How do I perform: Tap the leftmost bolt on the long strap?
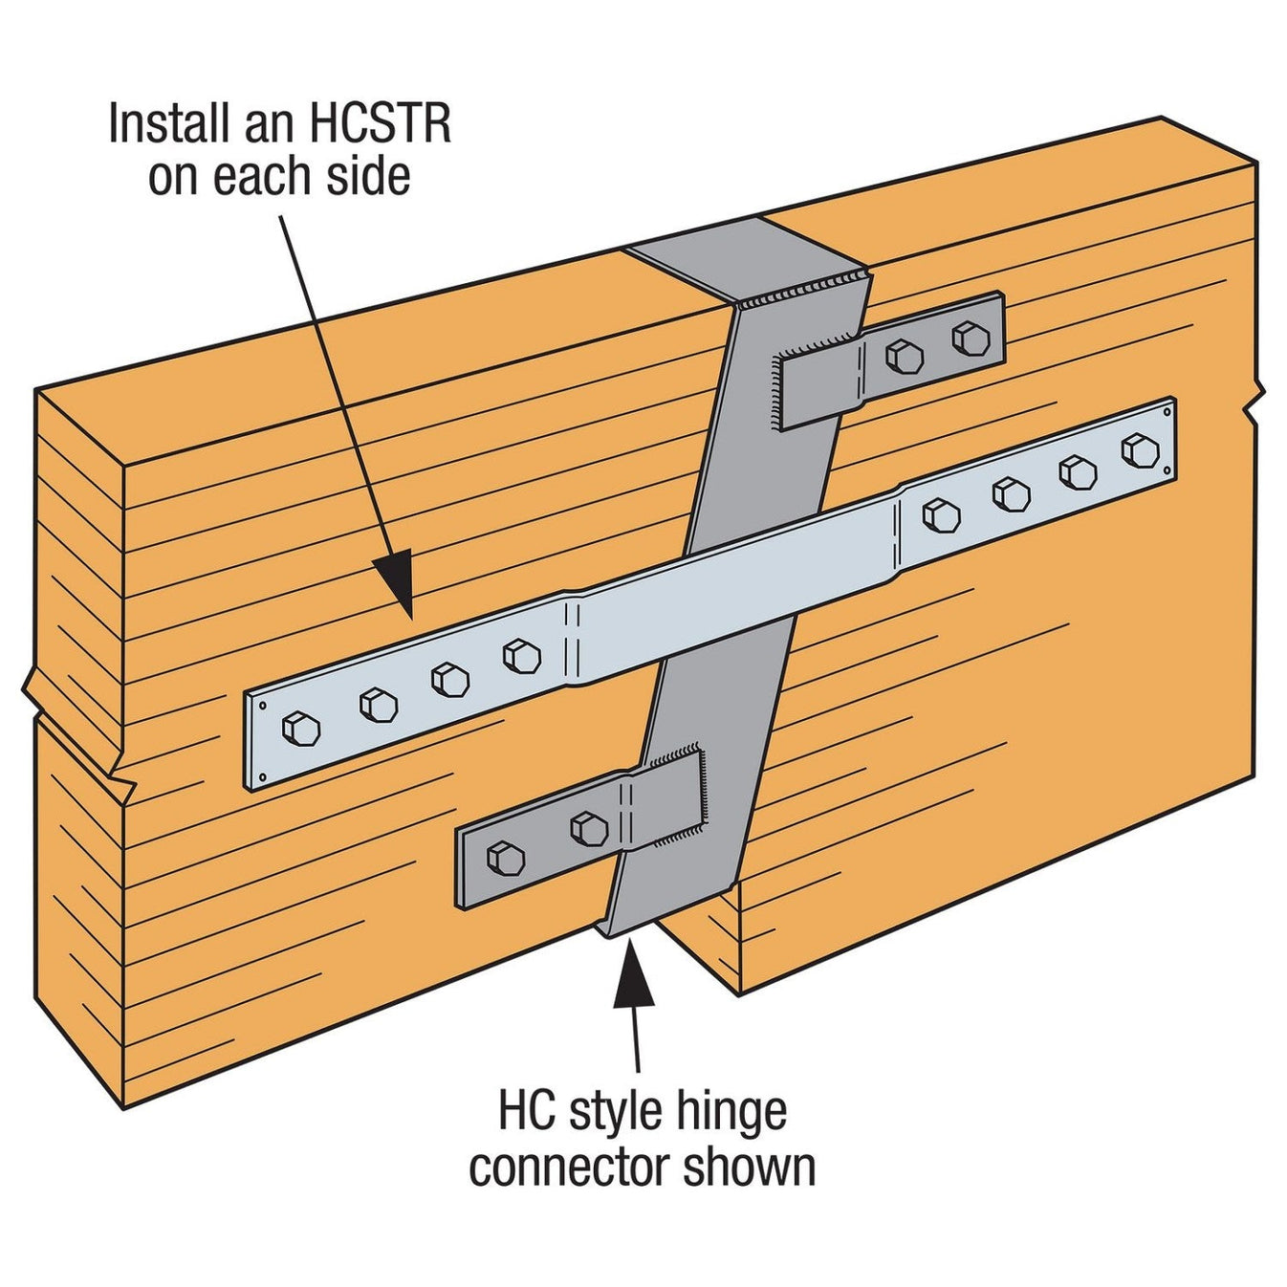[x=301, y=730]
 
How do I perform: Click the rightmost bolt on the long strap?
[x=1140, y=449]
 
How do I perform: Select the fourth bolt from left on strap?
[x=522, y=655]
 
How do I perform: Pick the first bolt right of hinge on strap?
[x=941, y=516]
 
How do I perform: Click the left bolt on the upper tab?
[x=904, y=357]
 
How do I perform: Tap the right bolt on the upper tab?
[x=970, y=338]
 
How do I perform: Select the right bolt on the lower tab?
[x=588, y=828]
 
